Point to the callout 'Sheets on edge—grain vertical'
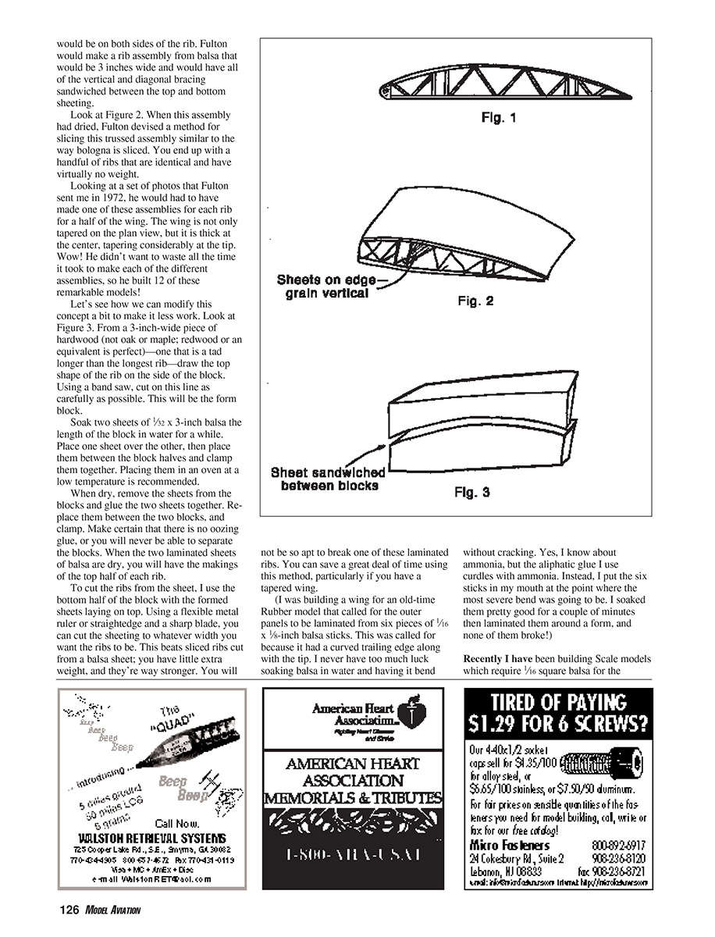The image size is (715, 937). pyautogui.click(x=322, y=287)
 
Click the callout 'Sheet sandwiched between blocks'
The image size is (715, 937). pyautogui.click(x=328, y=479)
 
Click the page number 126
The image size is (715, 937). pyautogui.click(x=69, y=910)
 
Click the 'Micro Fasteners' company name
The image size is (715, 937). pyautogui.click(x=510, y=845)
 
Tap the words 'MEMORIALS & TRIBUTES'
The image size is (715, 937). pyautogui.click(x=353, y=798)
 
